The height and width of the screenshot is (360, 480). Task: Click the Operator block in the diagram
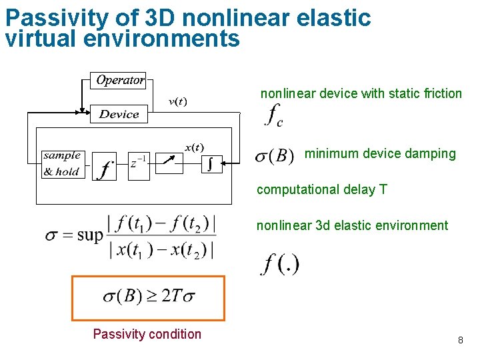[119, 80]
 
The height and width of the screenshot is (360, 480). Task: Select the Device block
[119, 114]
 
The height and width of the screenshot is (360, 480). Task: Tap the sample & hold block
[61, 163]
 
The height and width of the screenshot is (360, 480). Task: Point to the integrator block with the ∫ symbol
[212, 163]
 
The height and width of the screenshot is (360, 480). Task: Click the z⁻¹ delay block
[139, 163]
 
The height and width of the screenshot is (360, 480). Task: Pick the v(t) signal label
[177, 101]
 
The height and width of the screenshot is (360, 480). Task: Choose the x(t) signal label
[195, 147]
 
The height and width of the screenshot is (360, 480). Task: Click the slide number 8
[460, 341]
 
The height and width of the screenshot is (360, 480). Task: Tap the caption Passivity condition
[147, 334]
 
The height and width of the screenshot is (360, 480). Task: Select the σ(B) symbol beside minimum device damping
[275, 157]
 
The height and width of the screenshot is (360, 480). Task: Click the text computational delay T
[321, 189]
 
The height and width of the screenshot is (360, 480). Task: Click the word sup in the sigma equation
[90, 235]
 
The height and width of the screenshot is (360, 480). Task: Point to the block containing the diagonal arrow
[173, 163]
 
